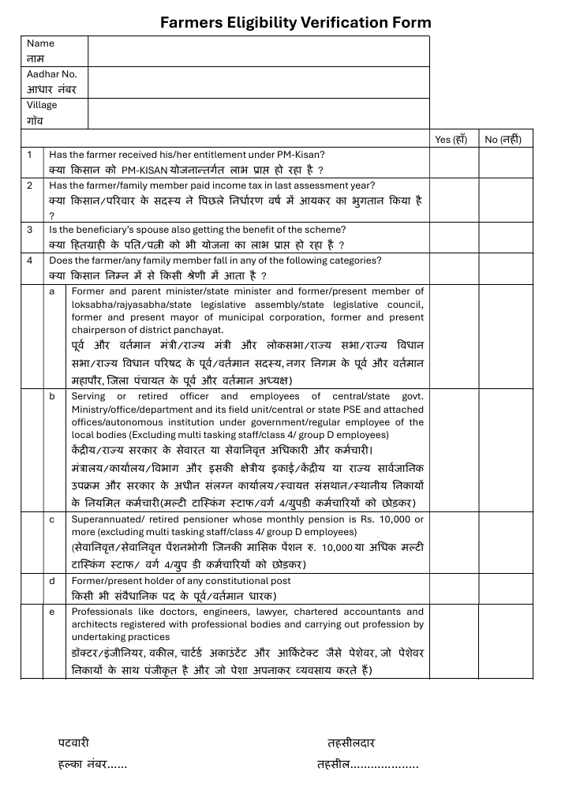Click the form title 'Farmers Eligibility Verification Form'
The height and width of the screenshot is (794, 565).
[x=295, y=22]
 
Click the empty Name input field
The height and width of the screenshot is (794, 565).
[x=258, y=51]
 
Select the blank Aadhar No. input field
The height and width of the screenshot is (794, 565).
[x=258, y=82]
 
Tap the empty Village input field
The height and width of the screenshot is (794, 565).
[x=258, y=113]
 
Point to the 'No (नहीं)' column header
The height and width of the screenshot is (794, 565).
[x=503, y=140]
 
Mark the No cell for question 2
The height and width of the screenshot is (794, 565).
[x=503, y=200]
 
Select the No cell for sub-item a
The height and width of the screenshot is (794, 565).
[x=503, y=335]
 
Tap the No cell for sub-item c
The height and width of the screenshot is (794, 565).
[x=503, y=541]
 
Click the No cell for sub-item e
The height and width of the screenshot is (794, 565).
[x=503, y=641]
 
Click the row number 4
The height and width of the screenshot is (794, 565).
[x=30, y=260]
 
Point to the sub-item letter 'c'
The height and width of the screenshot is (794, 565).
[x=52, y=519]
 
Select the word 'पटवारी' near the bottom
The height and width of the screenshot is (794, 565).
[x=73, y=743]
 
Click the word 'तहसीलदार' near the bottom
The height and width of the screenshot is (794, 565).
[x=351, y=743]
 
